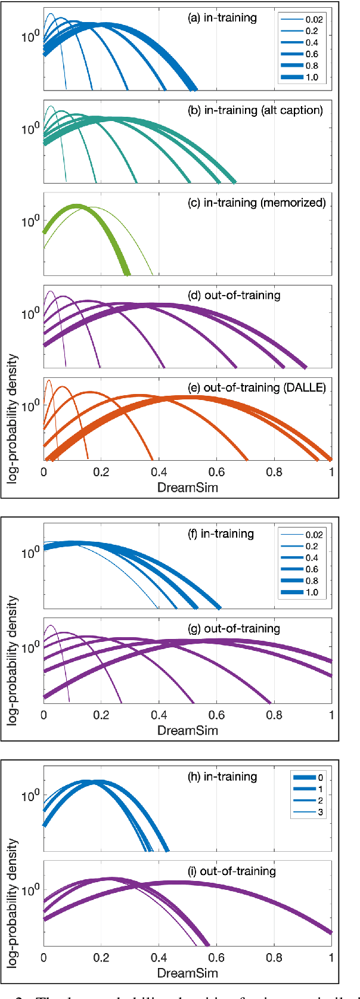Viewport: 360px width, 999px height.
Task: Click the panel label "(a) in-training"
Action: pos(222,18)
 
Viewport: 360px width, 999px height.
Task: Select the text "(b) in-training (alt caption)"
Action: pos(255,110)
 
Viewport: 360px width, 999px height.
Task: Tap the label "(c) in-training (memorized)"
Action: pos(257,203)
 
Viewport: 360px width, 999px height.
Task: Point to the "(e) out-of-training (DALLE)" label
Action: pos(257,387)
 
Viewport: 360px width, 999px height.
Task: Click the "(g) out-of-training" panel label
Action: pos(234,628)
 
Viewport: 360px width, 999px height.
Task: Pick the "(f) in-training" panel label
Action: pos(221,533)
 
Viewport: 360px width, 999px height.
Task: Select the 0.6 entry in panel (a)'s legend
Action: pos(312,54)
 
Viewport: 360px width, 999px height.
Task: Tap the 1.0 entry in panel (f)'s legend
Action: pos(312,592)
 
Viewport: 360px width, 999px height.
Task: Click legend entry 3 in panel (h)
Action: pos(320,812)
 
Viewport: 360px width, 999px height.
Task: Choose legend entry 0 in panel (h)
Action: pos(320,778)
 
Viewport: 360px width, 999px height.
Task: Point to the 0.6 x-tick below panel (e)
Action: pos(216,472)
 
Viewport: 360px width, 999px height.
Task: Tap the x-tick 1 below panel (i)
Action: pos(331,958)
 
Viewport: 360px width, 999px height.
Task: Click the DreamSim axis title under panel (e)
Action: pos(187,487)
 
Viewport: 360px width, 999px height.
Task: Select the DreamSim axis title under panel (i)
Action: pos(187,973)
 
